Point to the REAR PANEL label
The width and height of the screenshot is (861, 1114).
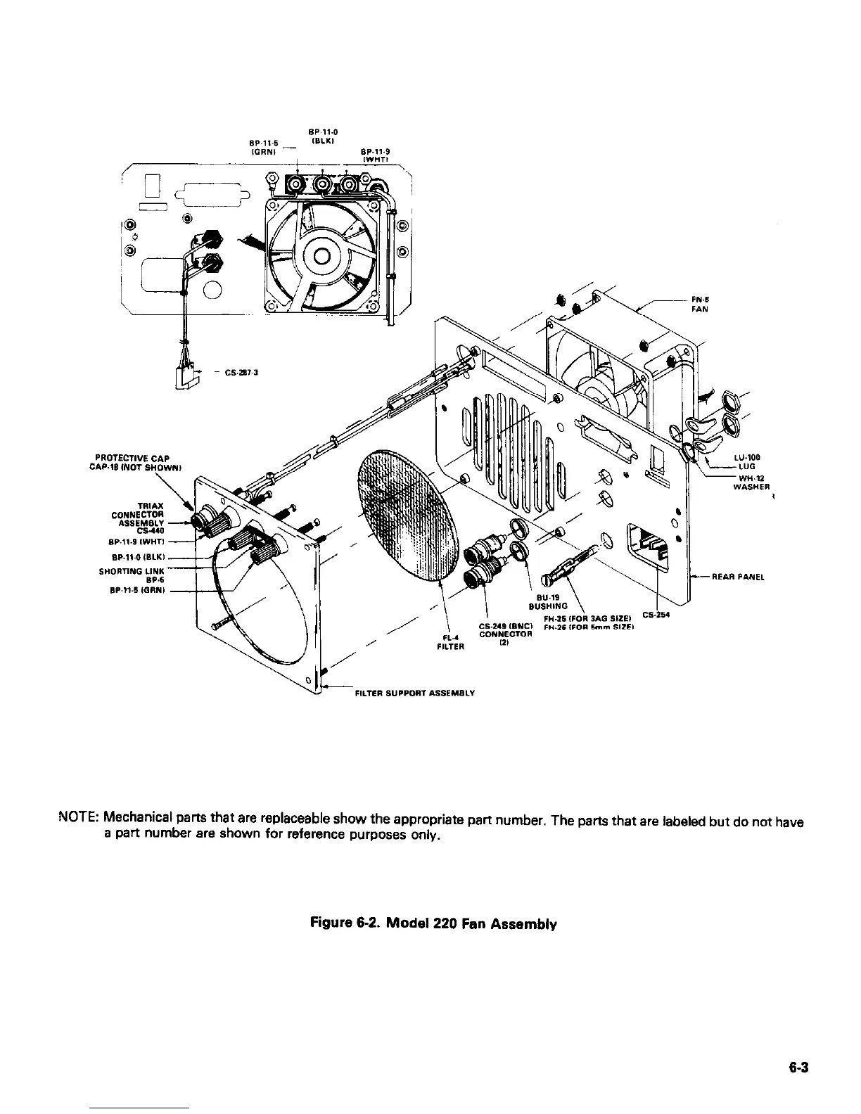click(x=738, y=577)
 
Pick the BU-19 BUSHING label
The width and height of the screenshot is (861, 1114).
click(x=551, y=599)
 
